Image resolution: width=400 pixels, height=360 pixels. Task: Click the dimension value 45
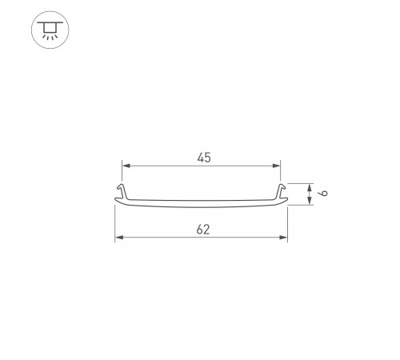[x=203, y=158]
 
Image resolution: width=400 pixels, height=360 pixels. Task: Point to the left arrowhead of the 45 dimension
[x=126, y=166]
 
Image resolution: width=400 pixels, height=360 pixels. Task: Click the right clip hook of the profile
[x=281, y=190]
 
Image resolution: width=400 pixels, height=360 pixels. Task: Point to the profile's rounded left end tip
[x=116, y=203]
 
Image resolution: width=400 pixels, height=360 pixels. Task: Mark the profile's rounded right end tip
[x=287, y=203]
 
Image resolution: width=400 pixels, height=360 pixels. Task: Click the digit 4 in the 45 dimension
[x=199, y=158]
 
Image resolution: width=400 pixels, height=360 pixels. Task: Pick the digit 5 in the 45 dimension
[x=207, y=158]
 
